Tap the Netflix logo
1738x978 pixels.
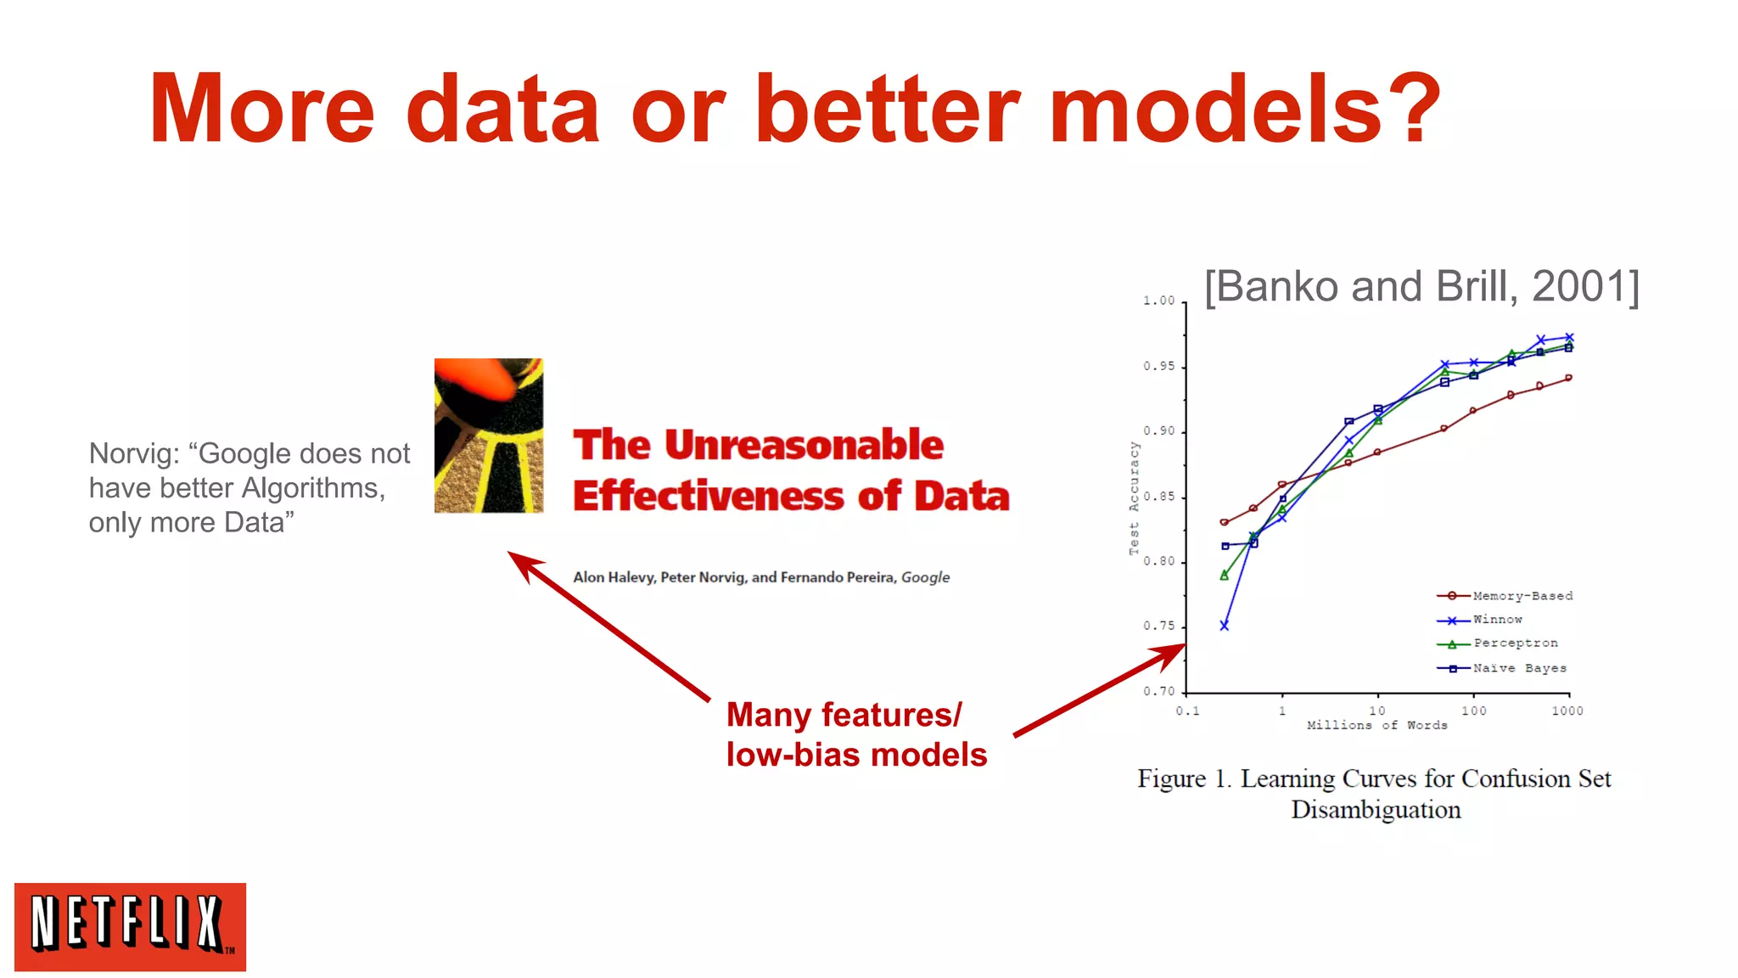point(130,926)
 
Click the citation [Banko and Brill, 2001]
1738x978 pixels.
point(1421,287)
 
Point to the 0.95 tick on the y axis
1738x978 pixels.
point(1158,367)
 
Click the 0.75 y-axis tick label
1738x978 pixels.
point(1158,627)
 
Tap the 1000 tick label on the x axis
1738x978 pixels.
point(1567,711)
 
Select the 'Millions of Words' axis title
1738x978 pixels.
point(1376,725)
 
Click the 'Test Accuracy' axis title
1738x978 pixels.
point(1134,498)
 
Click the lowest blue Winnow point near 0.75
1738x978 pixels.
point(1224,626)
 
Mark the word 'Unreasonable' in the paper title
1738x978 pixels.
point(803,445)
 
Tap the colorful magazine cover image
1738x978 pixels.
point(488,436)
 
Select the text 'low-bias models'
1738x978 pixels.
point(856,755)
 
